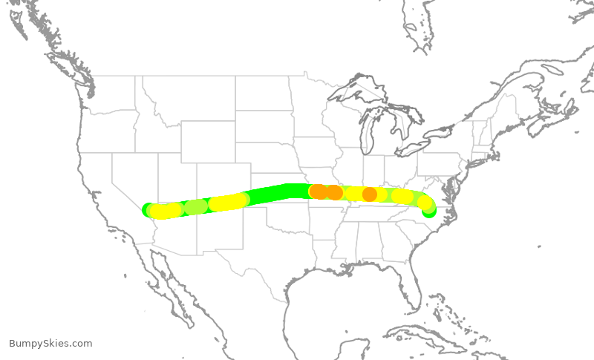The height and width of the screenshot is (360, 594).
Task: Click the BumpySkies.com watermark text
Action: [50, 344]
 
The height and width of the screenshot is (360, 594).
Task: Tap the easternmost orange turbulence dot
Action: [369, 194]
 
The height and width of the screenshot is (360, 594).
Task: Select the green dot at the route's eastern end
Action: [429, 212]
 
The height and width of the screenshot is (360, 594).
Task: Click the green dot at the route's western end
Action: [148, 209]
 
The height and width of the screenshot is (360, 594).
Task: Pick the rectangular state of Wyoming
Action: [207, 141]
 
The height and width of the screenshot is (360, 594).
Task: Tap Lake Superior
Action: [356, 92]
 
